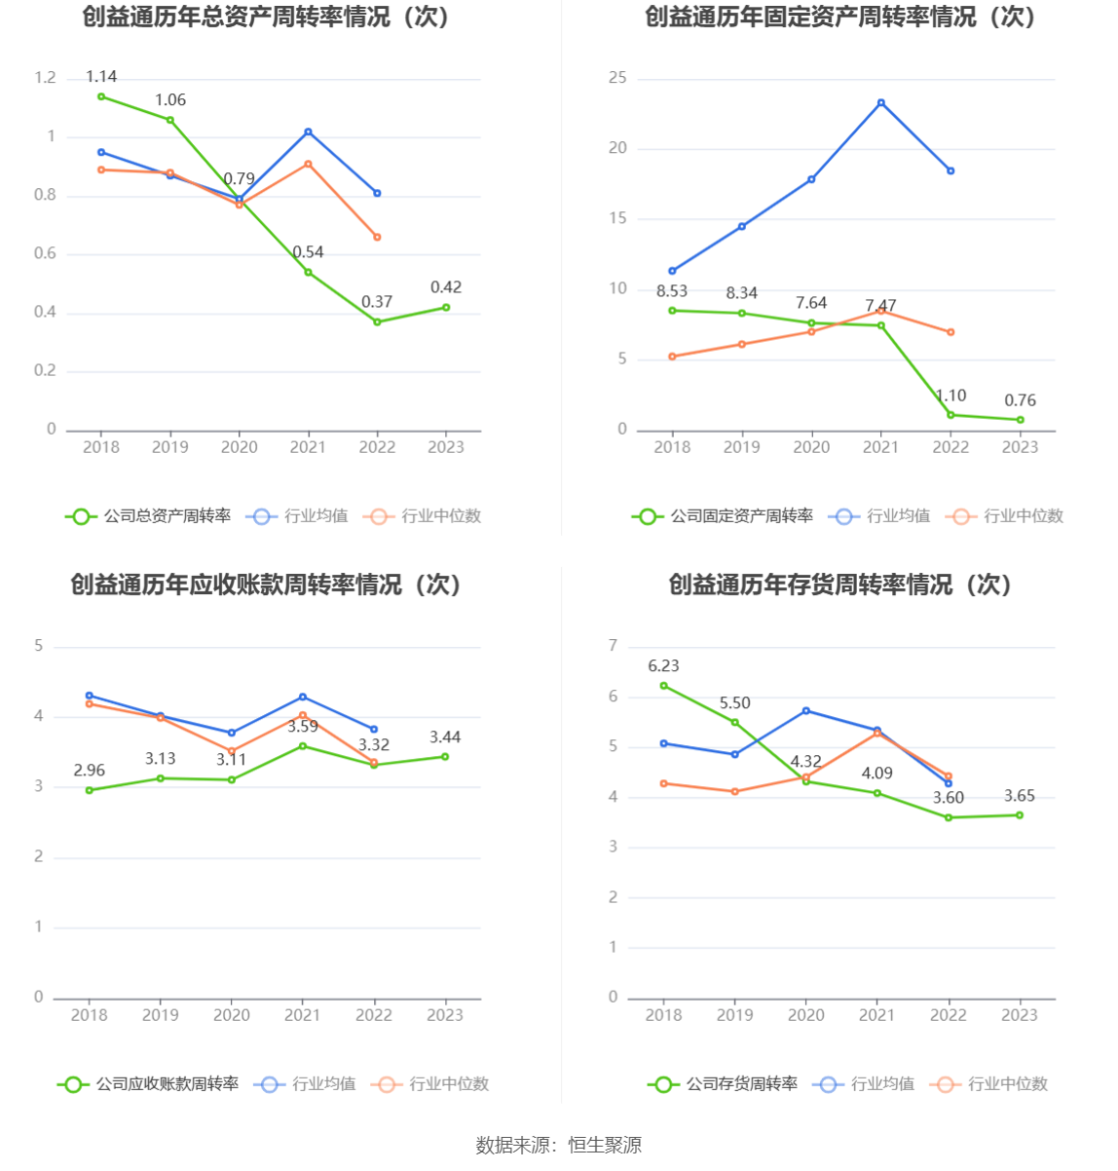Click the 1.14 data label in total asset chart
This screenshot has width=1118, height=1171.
pos(101,76)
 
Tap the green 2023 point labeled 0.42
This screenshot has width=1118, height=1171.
pos(446,307)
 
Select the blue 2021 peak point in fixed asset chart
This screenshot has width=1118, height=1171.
pos(881,102)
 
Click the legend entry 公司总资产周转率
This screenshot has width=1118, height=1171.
pos(149,516)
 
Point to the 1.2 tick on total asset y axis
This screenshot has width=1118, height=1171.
pos(45,78)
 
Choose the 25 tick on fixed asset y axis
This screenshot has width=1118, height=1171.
pos(617,78)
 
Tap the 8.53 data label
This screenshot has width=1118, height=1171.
pos(672,291)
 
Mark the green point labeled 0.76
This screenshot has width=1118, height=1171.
pos(1021,420)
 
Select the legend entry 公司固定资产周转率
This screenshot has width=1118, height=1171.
pos(723,516)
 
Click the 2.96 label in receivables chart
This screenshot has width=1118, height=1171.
pos(90,771)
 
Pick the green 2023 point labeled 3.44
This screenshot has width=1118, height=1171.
pos(445,756)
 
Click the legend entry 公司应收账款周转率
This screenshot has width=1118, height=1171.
pos(149,1084)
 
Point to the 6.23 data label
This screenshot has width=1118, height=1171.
pos(663,666)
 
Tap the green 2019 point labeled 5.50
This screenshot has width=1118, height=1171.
pos(735,722)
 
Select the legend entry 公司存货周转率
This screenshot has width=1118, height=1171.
pos(724,1084)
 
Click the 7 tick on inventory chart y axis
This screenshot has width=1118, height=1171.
pos(614,646)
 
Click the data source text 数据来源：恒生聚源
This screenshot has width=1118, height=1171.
pos(558,1146)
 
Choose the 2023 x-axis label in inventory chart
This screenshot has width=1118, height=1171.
pos(1020,1015)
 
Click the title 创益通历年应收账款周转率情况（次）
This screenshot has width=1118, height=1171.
pos(266,585)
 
